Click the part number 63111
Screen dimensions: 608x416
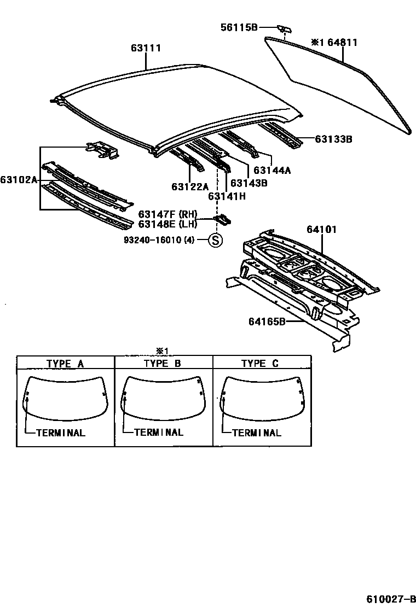[x=146, y=48]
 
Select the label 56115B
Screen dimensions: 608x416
[x=239, y=27]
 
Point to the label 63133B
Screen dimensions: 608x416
[x=333, y=139]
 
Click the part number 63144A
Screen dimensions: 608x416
[x=272, y=170]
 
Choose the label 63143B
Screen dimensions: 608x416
[x=249, y=183]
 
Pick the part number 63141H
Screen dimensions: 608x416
[x=226, y=195]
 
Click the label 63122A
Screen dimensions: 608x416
[x=190, y=186]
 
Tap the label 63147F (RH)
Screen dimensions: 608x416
[x=167, y=214]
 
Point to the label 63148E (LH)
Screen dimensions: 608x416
[x=167, y=224]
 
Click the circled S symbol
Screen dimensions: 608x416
[x=216, y=239]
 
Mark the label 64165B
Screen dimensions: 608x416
[x=268, y=321]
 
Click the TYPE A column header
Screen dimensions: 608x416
[x=65, y=363]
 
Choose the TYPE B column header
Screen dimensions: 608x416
[x=163, y=363]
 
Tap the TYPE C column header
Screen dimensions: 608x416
[x=260, y=363]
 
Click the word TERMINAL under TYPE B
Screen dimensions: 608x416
[x=159, y=432]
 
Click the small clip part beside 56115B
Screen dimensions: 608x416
[x=284, y=28]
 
